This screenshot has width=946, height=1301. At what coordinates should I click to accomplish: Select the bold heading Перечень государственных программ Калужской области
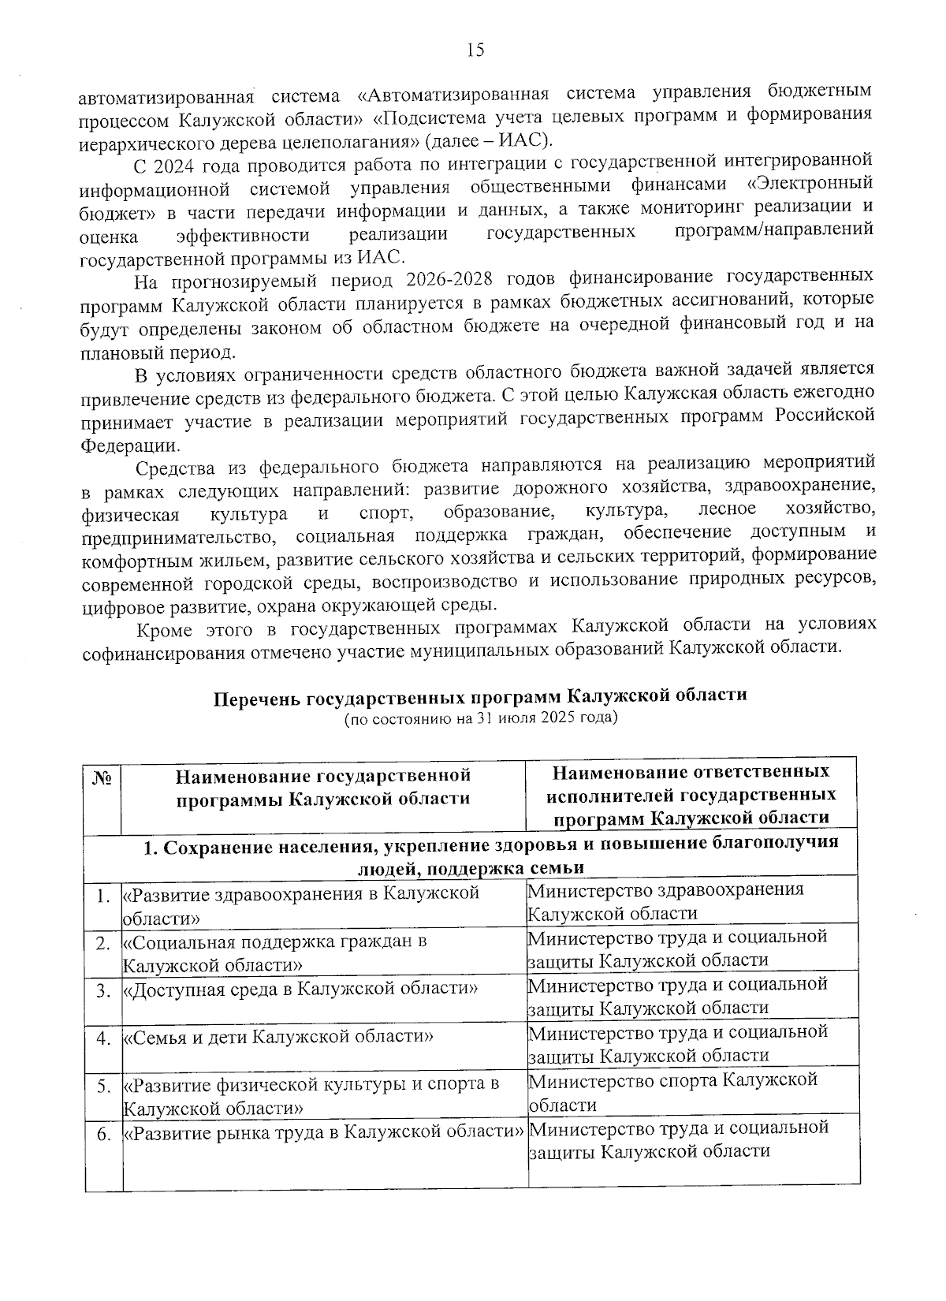[481, 696]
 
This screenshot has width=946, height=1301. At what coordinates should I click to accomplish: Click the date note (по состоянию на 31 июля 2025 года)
[481, 718]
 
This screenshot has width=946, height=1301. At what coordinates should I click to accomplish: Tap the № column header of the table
[102, 778]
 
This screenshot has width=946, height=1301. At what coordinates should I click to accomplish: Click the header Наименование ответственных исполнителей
[691, 794]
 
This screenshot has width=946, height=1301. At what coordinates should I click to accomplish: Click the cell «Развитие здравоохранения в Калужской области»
[301, 904]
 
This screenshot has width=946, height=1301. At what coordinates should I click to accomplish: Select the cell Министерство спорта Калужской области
[672, 1091]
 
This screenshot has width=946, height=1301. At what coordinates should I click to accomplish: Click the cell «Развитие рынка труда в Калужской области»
[324, 1133]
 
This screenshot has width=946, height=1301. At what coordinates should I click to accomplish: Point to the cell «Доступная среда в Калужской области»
[300, 989]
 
